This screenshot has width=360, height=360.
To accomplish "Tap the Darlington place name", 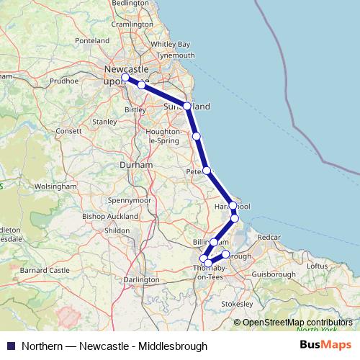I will click(142, 279).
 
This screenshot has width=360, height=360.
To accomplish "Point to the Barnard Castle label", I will click(46, 270).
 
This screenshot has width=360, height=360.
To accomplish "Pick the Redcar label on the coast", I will click(268, 236).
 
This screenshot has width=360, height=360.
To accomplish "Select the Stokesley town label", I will click(238, 305).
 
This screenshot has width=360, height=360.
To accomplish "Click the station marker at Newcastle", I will click(125, 77).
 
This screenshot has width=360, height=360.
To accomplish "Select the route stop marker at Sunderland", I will click(187, 106).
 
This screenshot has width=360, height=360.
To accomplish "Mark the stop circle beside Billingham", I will click(214, 242).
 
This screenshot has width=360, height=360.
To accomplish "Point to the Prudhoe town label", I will click(63, 81).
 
